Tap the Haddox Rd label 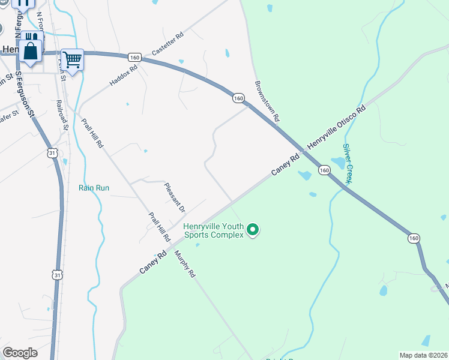click(124, 76)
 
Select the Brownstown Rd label click(267, 101)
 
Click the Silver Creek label click(347, 163)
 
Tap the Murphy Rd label click(185, 263)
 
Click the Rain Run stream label click(94, 188)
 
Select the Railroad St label click(62, 115)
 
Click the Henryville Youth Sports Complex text click(213, 230)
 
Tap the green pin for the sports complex click(253, 229)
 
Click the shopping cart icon click(72, 60)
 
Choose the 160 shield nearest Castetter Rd click(134, 57)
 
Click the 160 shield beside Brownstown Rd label click(238, 98)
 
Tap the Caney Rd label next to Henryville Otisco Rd click(285, 166)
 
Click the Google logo click(19, 353)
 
